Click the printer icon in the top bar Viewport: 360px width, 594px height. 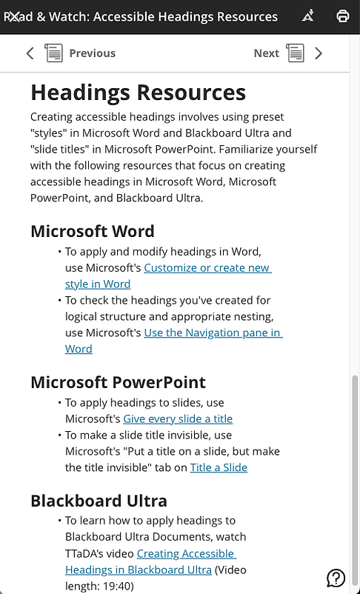click(x=343, y=16)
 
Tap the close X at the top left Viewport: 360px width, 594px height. click(x=12, y=16)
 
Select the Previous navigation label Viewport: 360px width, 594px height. click(x=92, y=53)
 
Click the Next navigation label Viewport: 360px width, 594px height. click(x=266, y=53)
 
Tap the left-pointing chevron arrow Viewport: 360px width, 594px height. click(x=30, y=53)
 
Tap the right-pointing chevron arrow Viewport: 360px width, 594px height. click(x=319, y=53)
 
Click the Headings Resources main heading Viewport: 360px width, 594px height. click(x=138, y=93)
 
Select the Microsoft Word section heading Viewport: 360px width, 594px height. click(x=93, y=231)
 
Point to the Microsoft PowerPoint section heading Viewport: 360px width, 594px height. click(x=118, y=383)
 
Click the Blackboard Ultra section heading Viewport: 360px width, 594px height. click(x=99, y=501)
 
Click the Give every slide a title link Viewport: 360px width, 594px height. click(x=178, y=418)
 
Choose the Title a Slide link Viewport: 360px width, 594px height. click(x=219, y=467)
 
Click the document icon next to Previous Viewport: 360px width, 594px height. click(x=53, y=53)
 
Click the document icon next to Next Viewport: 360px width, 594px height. click(x=295, y=53)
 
